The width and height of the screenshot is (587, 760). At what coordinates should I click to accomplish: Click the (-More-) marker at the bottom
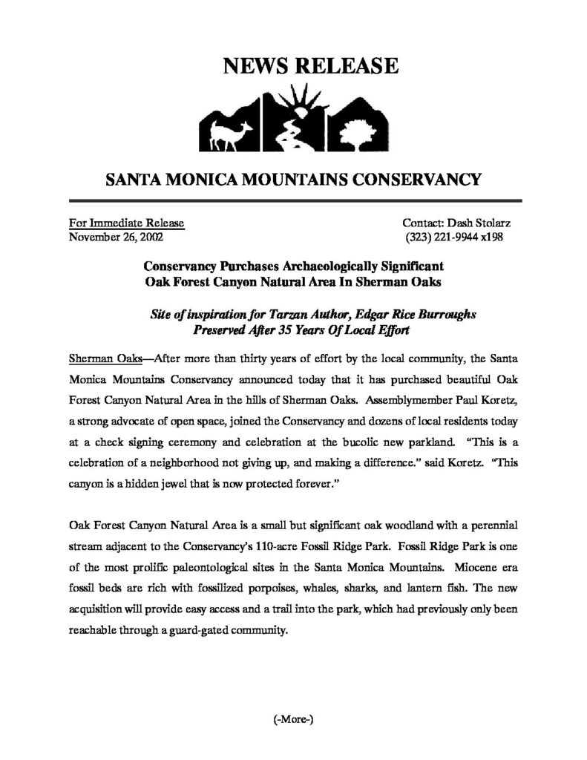(293, 719)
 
